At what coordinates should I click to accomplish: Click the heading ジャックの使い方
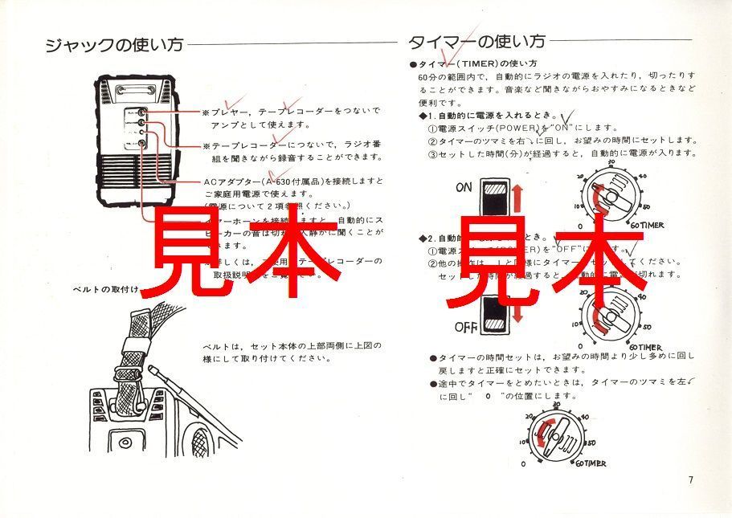(x=113, y=44)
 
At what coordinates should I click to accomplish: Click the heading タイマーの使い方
(x=476, y=41)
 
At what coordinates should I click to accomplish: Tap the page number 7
(x=690, y=481)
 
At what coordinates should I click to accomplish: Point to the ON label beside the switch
(x=464, y=188)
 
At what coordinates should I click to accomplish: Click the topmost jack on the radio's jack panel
(x=142, y=113)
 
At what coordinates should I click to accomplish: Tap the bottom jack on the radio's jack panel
(x=142, y=143)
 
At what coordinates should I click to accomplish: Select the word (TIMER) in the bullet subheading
(x=477, y=63)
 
